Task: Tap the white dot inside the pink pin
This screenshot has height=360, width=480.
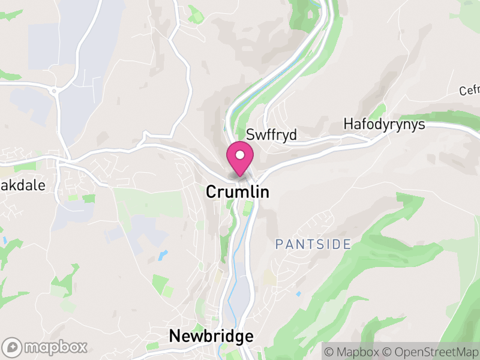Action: (x=240, y=155)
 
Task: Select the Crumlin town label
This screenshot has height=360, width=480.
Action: (x=237, y=191)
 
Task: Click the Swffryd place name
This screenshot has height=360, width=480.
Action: (x=272, y=135)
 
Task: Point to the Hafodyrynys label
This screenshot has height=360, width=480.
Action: (x=384, y=124)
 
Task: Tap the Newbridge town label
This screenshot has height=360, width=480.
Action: (x=211, y=336)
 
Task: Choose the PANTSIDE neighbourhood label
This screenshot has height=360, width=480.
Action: (x=313, y=244)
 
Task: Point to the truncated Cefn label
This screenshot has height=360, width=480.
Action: (x=470, y=91)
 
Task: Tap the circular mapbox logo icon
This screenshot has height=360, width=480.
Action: (x=13, y=347)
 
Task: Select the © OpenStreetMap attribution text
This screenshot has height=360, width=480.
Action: (x=432, y=351)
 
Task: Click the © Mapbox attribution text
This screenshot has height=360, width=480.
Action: (x=356, y=351)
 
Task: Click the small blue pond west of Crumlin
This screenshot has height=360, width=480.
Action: (x=163, y=255)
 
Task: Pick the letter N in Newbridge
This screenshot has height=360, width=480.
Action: (x=175, y=336)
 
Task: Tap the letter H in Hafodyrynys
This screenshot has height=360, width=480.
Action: (x=348, y=124)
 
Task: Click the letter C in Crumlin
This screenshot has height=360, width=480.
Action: (x=211, y=191)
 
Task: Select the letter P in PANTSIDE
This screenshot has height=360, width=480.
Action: (x=279, y=244)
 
